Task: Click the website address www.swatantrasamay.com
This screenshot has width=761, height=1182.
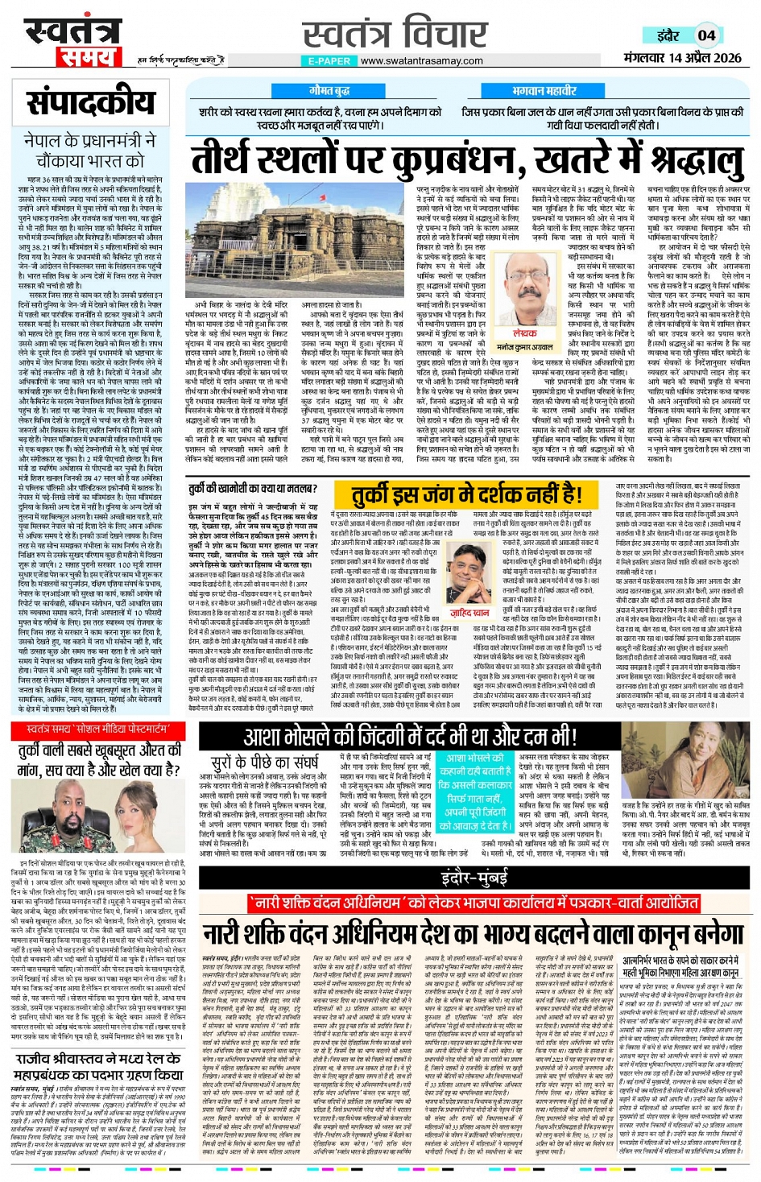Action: coord(421,61)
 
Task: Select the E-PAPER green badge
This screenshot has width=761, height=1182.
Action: coord(329,61)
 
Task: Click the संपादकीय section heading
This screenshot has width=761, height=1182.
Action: coord(90,103)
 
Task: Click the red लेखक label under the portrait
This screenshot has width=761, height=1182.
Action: coord(524,332)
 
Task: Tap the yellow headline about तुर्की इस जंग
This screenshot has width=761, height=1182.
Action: coord(467,493)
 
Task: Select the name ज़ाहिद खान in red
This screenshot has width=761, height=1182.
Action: coord(469,613)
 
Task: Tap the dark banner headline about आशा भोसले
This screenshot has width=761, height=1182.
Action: coord(410,736)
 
